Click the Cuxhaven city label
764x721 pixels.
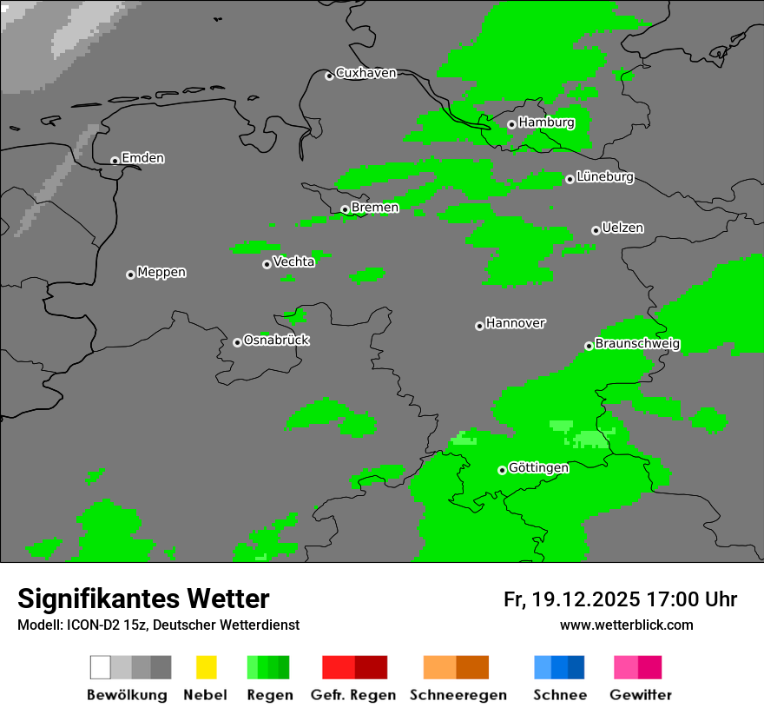(x=366, y=73)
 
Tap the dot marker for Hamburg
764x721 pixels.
(x=511, y=124)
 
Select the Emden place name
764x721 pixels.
(x=142, y=158)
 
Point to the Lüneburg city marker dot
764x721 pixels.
(x=570, y=179)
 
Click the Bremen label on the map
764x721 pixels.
(x=375, y=208)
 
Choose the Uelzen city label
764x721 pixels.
(x=622, y=228)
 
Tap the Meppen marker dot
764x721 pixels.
(x=130, y=275)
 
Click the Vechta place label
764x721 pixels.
(x=293, y=261)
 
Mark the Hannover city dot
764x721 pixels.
(x=479, y=326)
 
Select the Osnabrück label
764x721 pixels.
(x=276, y=341)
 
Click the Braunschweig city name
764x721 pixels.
(x=637, y=344)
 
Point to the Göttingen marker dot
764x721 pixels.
(x=502, y=470)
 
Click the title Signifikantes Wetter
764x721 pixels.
(x=143, y=599)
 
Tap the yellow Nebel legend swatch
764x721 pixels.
(x=206, y=667)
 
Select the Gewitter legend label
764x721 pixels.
(x=641, y=695)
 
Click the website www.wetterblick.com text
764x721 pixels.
(x=626, y=625)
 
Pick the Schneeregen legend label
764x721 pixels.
(x=458, y=695)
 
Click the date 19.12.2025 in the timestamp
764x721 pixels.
(x=586, y=599)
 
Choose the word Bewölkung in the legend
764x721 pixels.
(x=127, y=695)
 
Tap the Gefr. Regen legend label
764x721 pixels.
(x=353, y=695)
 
